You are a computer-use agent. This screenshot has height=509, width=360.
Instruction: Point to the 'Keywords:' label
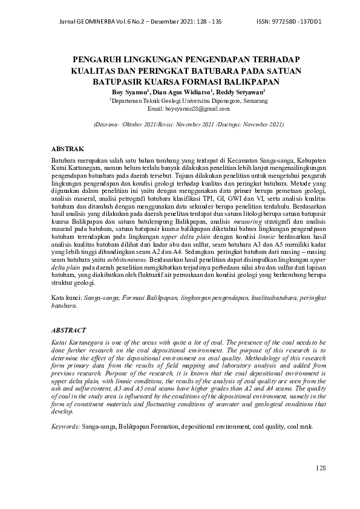click(x=63, y=426)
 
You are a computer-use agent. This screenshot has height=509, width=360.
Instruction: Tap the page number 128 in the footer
click(x=321, y=468)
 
